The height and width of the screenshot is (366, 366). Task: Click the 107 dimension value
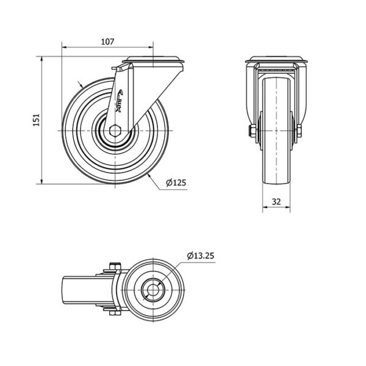pos(107,41)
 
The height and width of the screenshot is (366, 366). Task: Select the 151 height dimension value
pos(37,120)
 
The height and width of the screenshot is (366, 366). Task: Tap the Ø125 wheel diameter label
pos(176,182)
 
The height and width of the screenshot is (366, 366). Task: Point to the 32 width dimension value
pos(276,201)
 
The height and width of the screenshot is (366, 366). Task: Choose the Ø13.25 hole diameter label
pos(200,256)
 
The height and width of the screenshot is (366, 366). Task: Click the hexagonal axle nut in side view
pos(115,131)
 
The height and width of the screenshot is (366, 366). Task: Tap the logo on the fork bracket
pos(120,101)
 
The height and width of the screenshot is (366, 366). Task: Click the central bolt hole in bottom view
pos(153,290)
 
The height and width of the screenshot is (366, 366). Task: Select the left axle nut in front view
pos(253,131)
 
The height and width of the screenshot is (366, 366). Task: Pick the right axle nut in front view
pos(299,131)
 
